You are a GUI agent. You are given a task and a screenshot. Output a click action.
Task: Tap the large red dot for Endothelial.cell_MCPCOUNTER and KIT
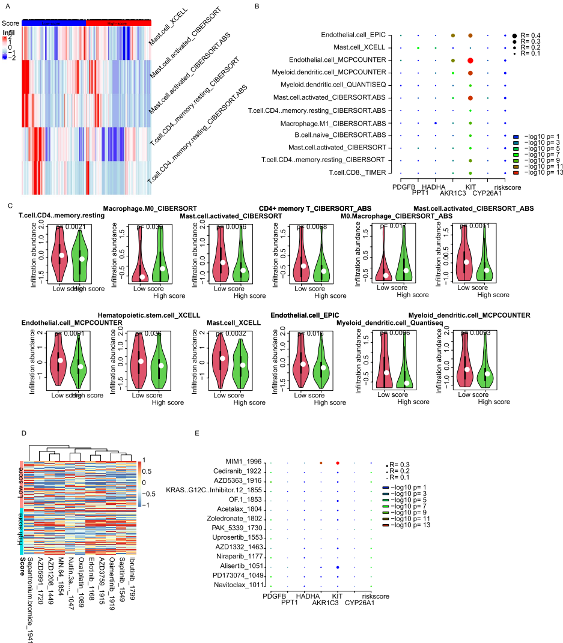[470, 61]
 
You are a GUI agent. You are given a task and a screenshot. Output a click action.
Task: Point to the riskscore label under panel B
[504, 186]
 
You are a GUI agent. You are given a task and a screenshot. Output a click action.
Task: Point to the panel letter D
[23, 433]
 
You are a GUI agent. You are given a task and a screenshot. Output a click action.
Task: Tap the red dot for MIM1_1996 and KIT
[338, 463]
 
